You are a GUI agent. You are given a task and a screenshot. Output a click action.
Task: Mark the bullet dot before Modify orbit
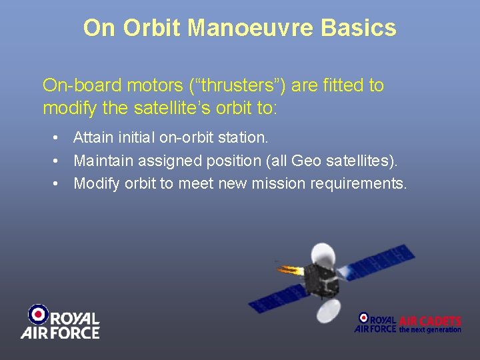pyautogui.click(x=59, y=183)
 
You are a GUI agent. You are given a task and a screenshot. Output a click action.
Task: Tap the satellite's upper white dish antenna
pyautogui.click(x=323, y=255)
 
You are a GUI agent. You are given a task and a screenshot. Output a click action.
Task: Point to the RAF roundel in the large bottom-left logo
pyautogui.click(x=38, y=314)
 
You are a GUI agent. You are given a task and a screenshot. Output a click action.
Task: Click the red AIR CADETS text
pyautogui.click(x=430, y=321)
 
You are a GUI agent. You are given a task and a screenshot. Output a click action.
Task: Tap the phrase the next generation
pyautogui.click(x=430, y=329)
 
